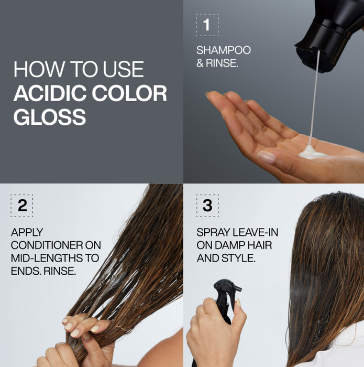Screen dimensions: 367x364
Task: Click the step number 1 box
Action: coord(207,25)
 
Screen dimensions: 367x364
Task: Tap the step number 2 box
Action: coord(21,206)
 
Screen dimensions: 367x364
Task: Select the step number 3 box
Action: coord(207,206)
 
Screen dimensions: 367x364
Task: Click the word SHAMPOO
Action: coord(224,50)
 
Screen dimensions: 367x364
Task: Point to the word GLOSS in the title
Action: coord(49,117)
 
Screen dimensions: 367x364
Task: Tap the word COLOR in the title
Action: coord(129,93)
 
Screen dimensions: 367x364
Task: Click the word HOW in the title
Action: coord(34,70)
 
